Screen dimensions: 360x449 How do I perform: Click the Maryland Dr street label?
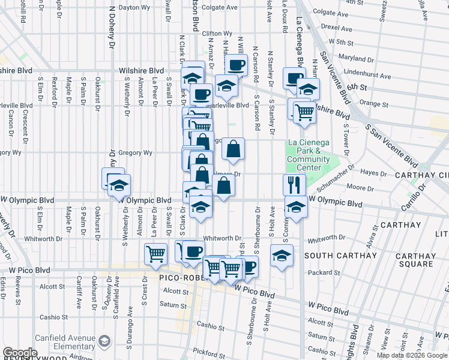352,58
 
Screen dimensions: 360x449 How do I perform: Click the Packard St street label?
328,273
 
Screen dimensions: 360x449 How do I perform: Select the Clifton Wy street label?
217,34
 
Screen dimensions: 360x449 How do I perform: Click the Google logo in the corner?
20,353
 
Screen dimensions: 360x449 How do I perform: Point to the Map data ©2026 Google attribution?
412,355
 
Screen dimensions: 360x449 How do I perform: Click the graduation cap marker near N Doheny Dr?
119,186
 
